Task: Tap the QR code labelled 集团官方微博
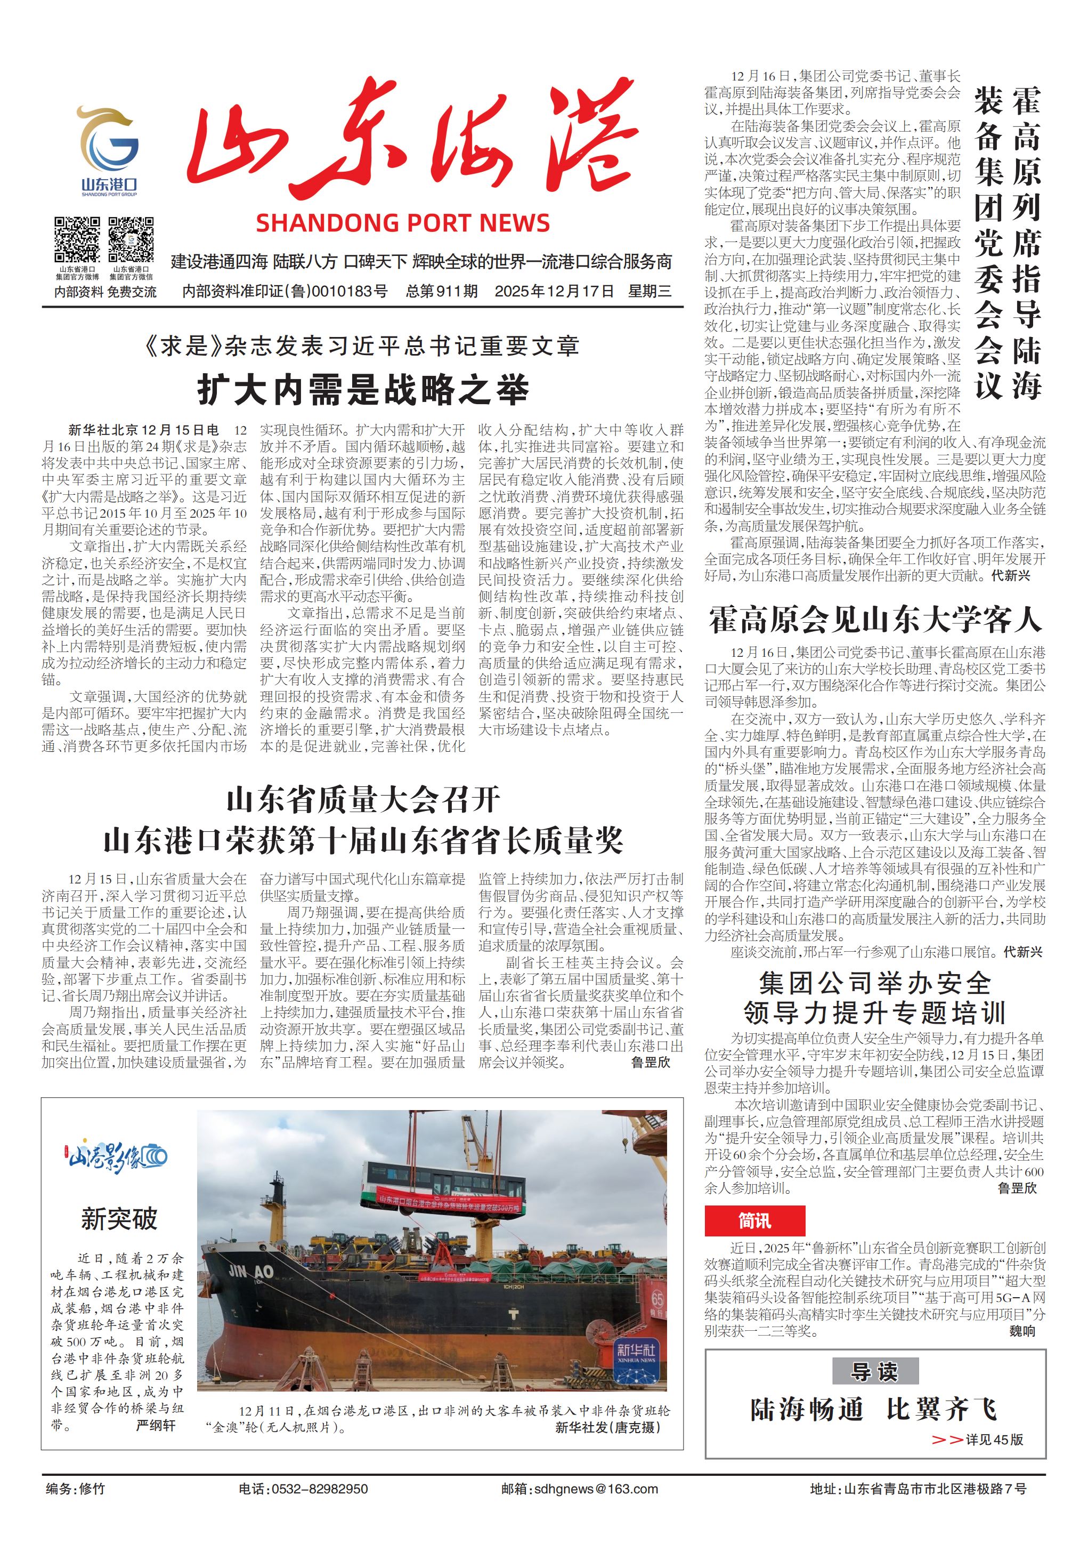pyautogui.click(x=77, y=240)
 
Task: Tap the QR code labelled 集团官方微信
pyautogui.click(x=131, y=240)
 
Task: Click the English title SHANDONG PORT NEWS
pyautogui.click(x=402, y=223)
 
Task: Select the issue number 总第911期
pyautogui.click(x=441, y=291)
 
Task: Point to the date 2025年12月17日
pyautogui.click(x=554, y=291)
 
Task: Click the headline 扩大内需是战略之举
pyautogui.click(x=363, y=390)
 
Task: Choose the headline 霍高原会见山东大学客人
pyautogui.click(x=874, y=619)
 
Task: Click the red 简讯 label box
pyautogui.click(x=754, y=1220)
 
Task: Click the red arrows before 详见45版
pyautogui.click(x=946, y=1440)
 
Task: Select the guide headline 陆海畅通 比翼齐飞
pyautogui.click(x=874, y=1409)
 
